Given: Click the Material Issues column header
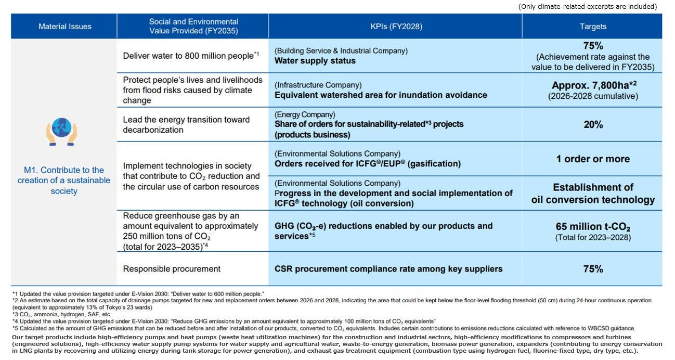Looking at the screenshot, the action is point(65,27).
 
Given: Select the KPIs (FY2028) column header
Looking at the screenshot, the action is point(396,27).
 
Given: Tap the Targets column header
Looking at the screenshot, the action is point(593,27).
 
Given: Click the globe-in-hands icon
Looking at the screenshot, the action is point(62,132).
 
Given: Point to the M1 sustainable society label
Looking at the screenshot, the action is point(64,181).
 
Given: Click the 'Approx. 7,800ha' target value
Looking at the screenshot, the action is point(594,85).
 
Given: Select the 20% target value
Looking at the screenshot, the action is point(593,124).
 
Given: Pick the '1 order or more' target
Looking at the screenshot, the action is point(593,159).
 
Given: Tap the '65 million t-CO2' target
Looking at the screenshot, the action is point(593,227).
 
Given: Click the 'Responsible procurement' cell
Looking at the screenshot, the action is point(172,268).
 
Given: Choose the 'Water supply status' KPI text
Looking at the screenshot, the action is point(315,60).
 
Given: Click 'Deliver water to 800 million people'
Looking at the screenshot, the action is point(191,56).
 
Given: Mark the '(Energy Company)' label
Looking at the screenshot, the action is point(305,114).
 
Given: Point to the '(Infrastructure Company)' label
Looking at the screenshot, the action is point(318,85).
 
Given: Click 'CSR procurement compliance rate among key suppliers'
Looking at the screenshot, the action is point(388,269).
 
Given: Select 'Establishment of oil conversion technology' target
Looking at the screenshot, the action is point(593,194).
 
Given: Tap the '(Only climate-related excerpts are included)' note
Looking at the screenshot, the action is point(588,7).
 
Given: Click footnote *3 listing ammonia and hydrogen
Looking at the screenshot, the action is point(62,314).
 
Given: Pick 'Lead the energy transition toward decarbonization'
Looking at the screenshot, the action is point(186,125).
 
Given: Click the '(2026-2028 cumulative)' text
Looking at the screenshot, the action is point(593,96).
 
